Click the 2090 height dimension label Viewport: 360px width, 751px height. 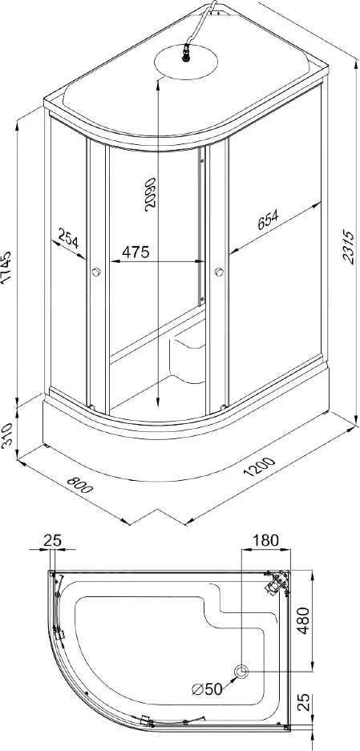pyautogui.click(x=151, y=192)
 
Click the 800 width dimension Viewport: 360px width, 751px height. pyautogui.click(x=80, y=486)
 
